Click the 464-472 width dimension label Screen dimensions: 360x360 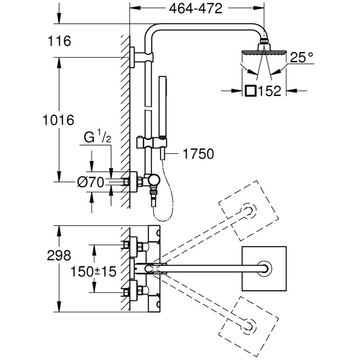pyautogui.click(x=198, y=9)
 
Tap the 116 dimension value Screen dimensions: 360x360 pyautogui.click(x=60, y=41)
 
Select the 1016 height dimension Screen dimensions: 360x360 pyautogui.click(x=57, y=120)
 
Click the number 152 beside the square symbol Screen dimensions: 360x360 pyautogui.click(x=269, y=91)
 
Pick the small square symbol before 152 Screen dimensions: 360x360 pyautogui.click(x=250, y=91)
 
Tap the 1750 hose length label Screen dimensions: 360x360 pyautogui.click(x=198, y=154)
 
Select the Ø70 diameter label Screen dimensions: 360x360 pyautogui.click(x=91, y=182)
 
